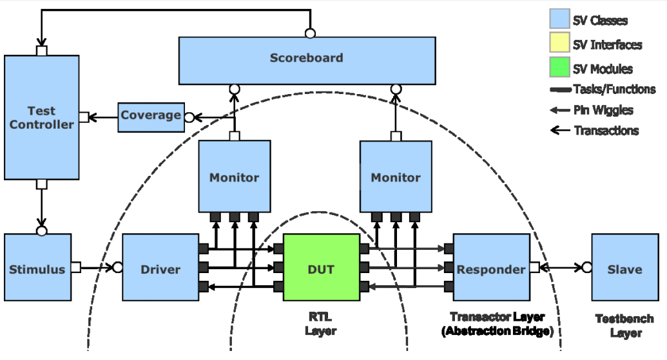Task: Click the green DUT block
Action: coord(321,267)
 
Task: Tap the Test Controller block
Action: coord(42,117)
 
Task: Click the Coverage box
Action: coord(151,117)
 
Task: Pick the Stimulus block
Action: coord(37,268)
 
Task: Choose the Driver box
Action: coord(160,268)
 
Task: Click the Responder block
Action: coord(491,268)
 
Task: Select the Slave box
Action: coord(624,268)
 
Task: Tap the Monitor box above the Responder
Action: coord(396,177)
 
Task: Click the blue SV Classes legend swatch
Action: coord(559,19)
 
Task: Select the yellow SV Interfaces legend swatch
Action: coord(559,44)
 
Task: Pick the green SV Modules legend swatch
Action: coord(559,68)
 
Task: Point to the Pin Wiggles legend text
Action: coord(603,110)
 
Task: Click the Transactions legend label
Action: coord(606,131)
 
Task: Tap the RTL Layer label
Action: coord(320,325)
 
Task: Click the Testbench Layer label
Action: coord(624,326)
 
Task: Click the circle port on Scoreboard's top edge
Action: coord(310,33)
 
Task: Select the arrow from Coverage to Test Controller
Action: coord(103,117)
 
